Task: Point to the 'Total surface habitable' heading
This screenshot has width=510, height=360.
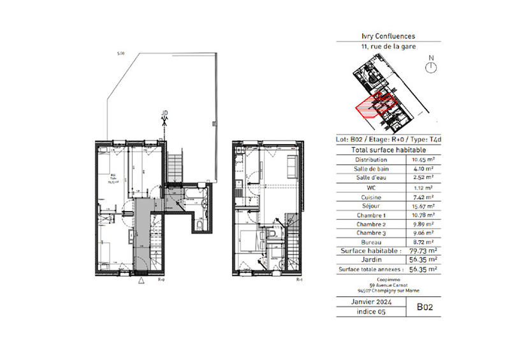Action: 388,149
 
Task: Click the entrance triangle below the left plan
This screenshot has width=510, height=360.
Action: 141,280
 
